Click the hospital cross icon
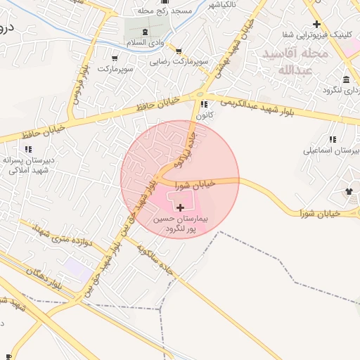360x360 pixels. tap(181, 207)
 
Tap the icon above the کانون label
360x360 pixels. tap(205, 105)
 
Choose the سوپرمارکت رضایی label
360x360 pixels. tap(179, 61)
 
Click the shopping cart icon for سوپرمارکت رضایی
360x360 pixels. tap(179, 51)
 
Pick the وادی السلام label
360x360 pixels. tap(148, 44)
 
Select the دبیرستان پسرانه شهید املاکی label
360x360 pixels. tap(29, 165)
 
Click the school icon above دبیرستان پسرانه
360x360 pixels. tap(29, 149)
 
